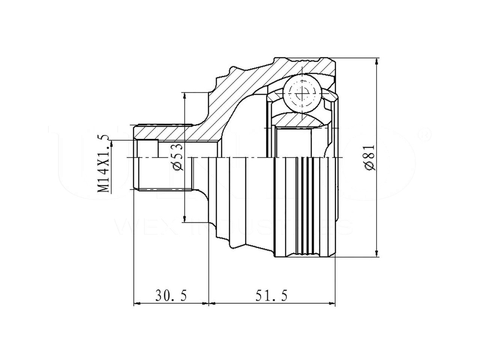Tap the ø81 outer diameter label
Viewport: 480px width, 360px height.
(x=369, y=157)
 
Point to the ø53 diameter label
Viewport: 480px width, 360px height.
(x=178, y=157)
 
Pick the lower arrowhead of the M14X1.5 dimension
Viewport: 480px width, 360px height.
(x=111, y=190)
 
